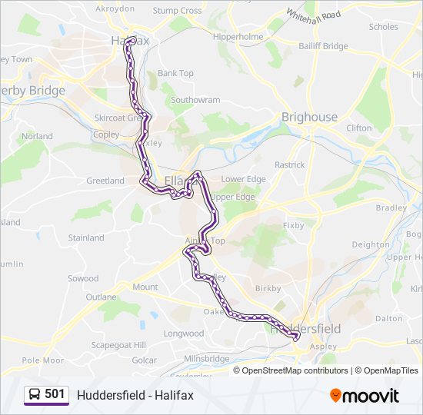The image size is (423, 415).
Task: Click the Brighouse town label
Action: pyautogui.click(x=309, y=117)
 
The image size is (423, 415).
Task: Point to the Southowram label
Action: pyautogui.click(x=195, y=100)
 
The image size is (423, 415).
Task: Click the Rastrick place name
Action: pyautogui.click(x=290, y=164)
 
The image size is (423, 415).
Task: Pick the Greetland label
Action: pyautogui.click(x=105, y=181)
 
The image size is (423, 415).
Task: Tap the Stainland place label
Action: pyautogui.click(x=86, y=237)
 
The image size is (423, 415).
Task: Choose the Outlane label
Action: pyautogui.click(x=101, y=297)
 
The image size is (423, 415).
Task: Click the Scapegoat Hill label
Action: pyautogui.click(x=118, y=345)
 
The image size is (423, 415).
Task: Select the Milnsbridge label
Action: pyautogui.click(x=206, y=359)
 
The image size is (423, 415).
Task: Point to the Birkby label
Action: pyautogui.click(x=268, y=288)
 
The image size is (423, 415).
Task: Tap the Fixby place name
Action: pyautogui.click(x=294, y=226)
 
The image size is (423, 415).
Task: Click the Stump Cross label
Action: pyautogui.click(x=177, y=11)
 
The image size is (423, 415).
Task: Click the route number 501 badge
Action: pyautogui.click(x=55, y=394)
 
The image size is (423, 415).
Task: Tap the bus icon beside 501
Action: pyautogui.click(x=35, y=394)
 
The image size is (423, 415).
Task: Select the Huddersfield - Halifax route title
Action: pyautogui.click(x=135, y=395)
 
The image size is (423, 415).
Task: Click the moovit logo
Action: pyautogui.click(x=365, y=395)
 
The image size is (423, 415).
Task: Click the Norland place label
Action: pyautogui.click(x=37, y=136)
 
